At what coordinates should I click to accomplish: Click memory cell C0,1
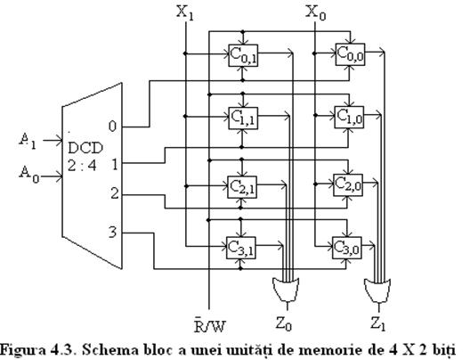coord(243,55)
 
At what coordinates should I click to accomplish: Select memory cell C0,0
coord(351,54)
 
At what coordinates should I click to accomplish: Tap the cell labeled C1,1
coord(243,118)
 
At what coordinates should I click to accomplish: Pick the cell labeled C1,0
coord(349,117)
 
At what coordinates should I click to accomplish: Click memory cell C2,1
coord(242,187)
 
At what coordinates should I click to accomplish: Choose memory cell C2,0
coord(348,184)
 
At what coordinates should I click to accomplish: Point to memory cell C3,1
coord(240,248)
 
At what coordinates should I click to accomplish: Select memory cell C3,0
coord(347,248)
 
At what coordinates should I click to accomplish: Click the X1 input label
coord(184,13)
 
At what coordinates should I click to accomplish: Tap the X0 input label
coord(315,13)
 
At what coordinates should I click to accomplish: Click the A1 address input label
coord(28,141)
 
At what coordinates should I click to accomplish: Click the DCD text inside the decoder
coord(85,148)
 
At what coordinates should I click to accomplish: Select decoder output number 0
coord(112,127)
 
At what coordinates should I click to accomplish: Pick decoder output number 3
coord(112,232)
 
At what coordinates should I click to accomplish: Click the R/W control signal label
coord(209,326)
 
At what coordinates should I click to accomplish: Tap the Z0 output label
coord(284,323)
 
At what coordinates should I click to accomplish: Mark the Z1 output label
coord(377,323)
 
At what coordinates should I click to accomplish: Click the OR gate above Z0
coord(286,290)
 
